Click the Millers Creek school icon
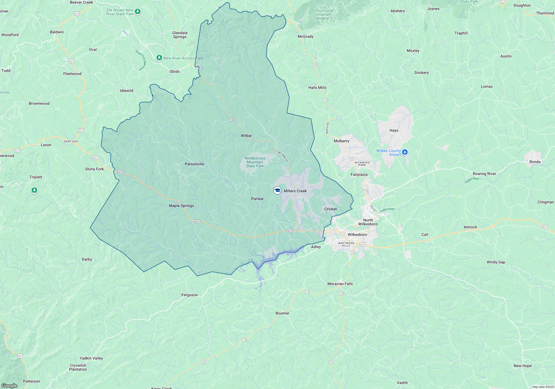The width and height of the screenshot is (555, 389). [x=277, y=190]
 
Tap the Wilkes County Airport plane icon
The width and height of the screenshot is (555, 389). [x=405, y=152]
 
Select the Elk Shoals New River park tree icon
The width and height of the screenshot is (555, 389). [x=138, y=12]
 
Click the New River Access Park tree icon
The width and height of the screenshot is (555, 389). [x=159, y=58]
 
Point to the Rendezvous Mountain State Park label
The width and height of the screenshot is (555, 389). [x=255, y=162]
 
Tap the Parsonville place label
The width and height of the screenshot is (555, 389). [x=194, y=164]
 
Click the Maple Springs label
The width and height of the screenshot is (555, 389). [x=181, y=206]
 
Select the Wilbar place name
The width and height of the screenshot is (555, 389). [x=246, y=136]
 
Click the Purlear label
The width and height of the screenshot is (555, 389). [x=257, y=199]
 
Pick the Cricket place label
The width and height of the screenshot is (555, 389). [x=330, y=209]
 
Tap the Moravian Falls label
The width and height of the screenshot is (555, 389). [x=340, y=284]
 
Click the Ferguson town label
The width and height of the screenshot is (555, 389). [x=190, y=295]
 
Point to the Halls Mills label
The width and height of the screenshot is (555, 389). [x=317, y=88]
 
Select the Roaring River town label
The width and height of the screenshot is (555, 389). [x=484, y=174]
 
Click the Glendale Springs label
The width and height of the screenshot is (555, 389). [x=180, y=35]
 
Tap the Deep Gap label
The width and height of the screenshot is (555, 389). [x=71, y=141]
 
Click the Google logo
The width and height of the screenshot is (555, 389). [x=9, y=385]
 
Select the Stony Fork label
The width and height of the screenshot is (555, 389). [x=94, y=169]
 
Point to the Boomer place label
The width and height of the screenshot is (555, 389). [x=282, y=313]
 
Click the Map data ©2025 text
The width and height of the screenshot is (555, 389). [x=543, y=387]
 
